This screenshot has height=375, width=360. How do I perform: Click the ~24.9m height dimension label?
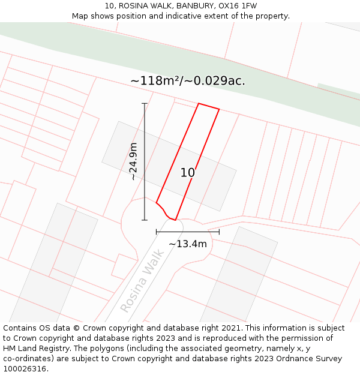tap(134, 161)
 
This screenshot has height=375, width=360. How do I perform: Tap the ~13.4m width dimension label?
tap(188, 244)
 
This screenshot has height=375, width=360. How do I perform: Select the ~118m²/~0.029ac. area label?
tap(188, 81)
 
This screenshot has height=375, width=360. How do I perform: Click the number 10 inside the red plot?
tap(188, 173)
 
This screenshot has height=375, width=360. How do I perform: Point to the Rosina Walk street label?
tap(142, 281)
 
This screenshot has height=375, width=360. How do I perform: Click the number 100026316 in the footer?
tap(25, 369)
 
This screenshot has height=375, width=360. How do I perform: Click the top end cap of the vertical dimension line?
tap(145, 104)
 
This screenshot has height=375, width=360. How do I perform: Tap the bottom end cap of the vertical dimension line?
tap(145, 220)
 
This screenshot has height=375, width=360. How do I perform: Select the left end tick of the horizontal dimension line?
tap(157, 231)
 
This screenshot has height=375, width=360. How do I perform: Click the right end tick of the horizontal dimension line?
tap(219, 231)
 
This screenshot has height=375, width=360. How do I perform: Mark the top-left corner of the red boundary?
tap(199, 103)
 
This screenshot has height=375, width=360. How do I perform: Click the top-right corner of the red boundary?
tap(219, 109)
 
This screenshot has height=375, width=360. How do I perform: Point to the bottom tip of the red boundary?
tap(175, 220)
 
